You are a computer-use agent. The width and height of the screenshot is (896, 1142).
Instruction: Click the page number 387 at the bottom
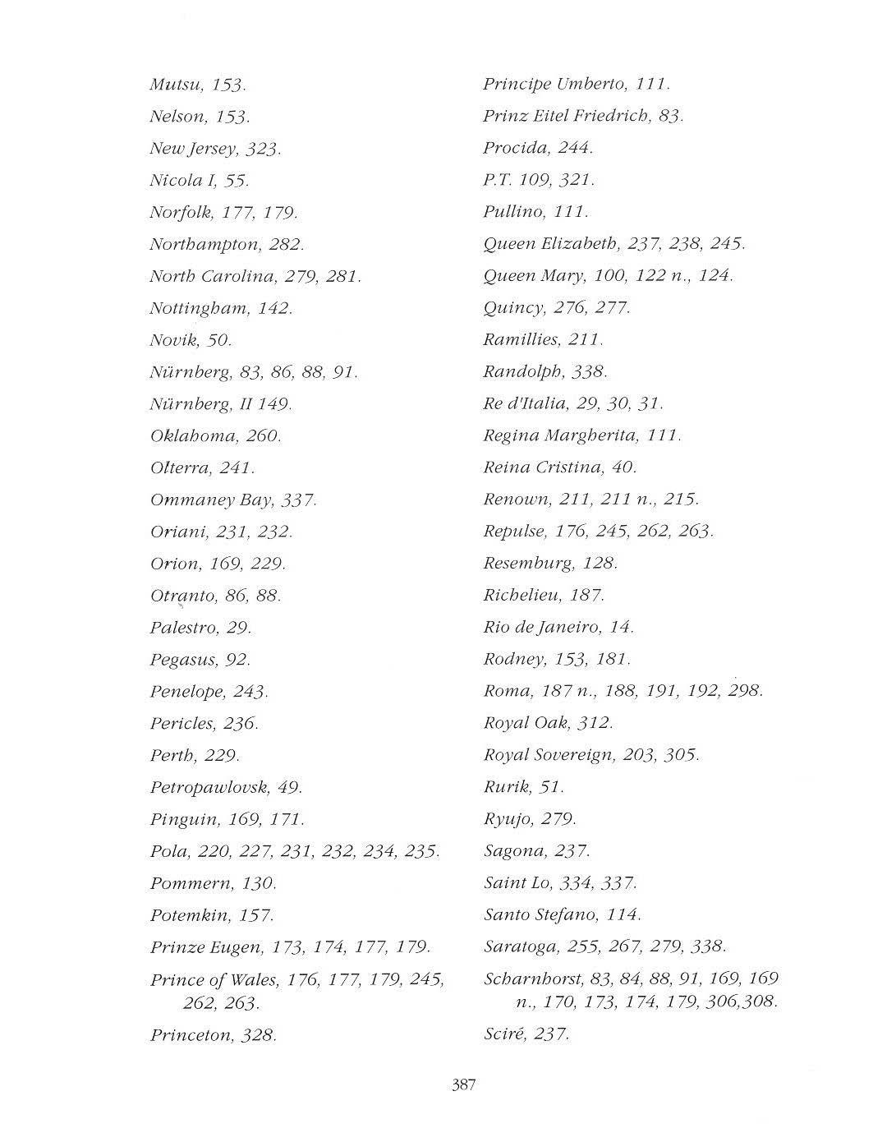coord(463,1084)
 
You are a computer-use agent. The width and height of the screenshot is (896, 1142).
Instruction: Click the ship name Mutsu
coord(176,85)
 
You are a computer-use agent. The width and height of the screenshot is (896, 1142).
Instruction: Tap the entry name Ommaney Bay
coord(211,500)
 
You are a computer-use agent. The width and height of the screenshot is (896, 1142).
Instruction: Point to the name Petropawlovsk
coord(209,788)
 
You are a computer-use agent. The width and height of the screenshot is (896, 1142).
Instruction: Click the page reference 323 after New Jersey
coord(263,150)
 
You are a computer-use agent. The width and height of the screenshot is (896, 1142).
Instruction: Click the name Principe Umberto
coord(555,84)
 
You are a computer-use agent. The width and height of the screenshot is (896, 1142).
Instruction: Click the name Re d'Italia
coord(525,403)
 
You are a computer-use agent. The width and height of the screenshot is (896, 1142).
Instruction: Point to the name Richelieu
coord(522,596)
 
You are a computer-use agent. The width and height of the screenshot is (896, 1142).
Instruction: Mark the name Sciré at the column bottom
coord(503,1034)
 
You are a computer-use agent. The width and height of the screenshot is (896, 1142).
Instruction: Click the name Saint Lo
coord(517,883)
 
